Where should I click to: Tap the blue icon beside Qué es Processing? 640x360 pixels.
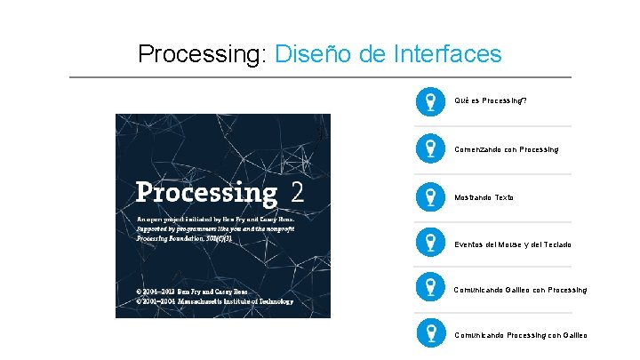pos(430,101)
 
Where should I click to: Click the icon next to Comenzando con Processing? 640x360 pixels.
pos(430,148)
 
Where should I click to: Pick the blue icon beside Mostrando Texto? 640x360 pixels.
pos(430,196)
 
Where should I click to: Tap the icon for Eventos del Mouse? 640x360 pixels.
pos(430,244)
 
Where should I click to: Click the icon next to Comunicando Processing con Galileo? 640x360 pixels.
pos(430,334)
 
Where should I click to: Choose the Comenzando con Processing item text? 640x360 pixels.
pos(507,149)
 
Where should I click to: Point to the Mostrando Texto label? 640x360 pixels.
pos(484,197)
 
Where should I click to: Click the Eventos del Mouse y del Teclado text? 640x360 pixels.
pos(513,244)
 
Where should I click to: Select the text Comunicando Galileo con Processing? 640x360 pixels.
pos(520,290)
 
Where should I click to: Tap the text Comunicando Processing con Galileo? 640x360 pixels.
pos(520,335)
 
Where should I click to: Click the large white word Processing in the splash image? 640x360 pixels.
pos(206,193)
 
